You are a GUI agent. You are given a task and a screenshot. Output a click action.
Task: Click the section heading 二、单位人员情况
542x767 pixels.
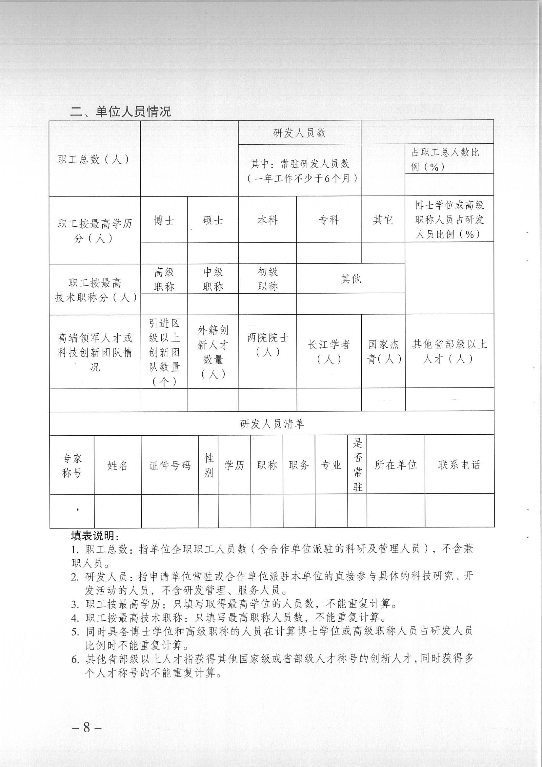click(x=120, y=111)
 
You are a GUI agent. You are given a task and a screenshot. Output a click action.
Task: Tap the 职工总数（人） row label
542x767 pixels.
click(x=93, y=159)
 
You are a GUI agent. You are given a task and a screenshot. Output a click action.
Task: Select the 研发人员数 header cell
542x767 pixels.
click(x=299, y=133)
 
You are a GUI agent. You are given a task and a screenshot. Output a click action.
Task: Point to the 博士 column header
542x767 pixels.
click(x=164, y=220)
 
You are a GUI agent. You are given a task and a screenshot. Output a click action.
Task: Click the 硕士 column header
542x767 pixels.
click(x=213, y=220)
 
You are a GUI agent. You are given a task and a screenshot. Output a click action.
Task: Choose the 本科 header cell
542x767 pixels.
click(x=268, y=220)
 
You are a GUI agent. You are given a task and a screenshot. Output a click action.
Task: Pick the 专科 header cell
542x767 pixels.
click(x=329, y=220)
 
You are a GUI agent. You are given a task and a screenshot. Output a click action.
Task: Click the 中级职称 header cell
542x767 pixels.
click(x=213, y=279)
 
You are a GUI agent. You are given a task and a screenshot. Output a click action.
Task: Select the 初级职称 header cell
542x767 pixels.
click(x=268, y=279)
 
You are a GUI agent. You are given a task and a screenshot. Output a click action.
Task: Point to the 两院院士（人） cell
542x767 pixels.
click(x=268, y=344)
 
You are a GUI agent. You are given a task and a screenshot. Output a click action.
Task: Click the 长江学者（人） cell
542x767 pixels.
click(x=329, y=351)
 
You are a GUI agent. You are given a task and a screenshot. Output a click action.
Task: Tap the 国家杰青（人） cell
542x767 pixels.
click(x=383, y=351)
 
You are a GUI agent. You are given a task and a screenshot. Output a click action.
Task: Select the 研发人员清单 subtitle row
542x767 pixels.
click(x=271, y=424)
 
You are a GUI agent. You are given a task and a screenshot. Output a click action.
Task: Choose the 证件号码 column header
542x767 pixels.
click(x=170, y=465)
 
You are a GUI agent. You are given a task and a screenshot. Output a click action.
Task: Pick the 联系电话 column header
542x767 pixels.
click(x=459, y=465)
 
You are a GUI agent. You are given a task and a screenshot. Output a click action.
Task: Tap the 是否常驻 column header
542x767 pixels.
click(x=357, y=465)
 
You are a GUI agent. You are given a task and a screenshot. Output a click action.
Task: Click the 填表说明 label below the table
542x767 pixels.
click(x=95, y=536)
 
